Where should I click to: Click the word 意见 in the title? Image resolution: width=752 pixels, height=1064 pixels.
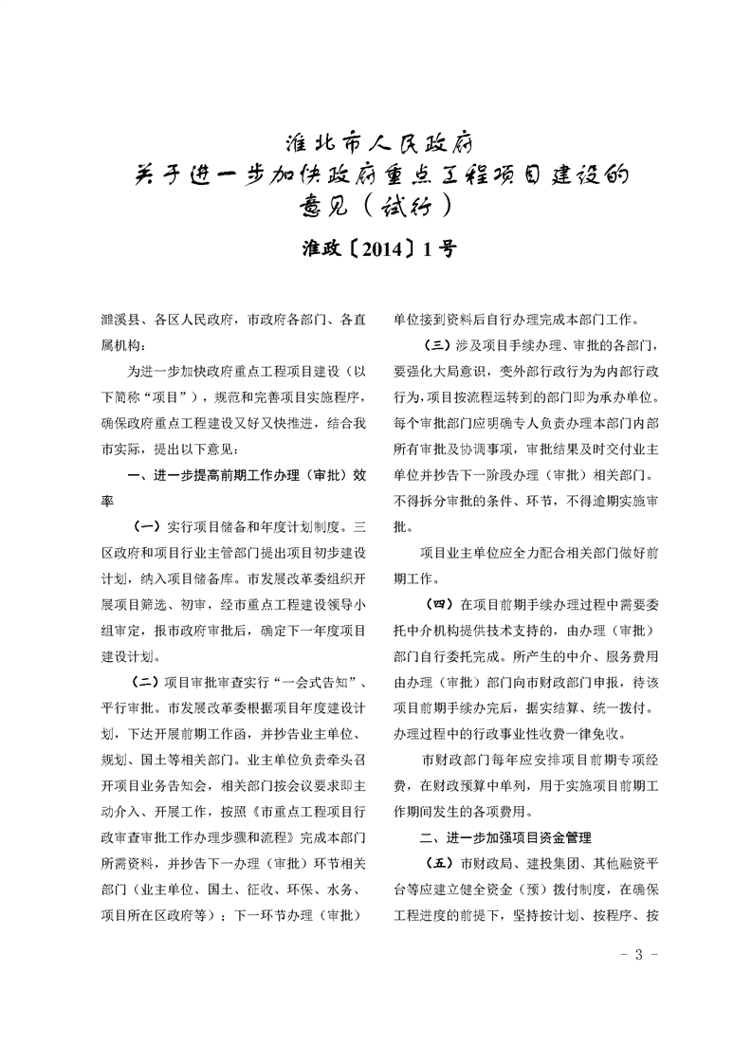(x=320, y=205)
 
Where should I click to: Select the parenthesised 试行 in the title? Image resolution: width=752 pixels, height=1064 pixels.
(x=410, y=205)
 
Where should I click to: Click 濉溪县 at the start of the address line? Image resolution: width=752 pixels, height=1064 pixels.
(x=120, y=320)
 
